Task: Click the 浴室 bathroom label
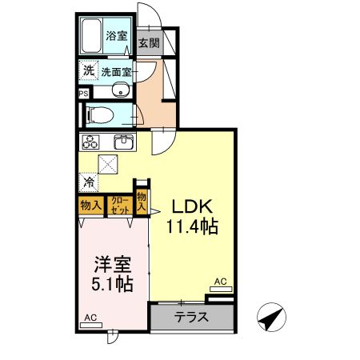point(118,35)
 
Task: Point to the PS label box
point(84,93)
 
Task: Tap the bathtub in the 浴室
point(91,36)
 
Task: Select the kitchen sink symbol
point(124,142)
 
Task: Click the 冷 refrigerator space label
point(87,182)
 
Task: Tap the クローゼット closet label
point(118,205)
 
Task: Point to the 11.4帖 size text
point(192,227)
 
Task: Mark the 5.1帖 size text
point(110,284)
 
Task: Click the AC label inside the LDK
point(221,282)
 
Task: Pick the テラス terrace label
point(192,317)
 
